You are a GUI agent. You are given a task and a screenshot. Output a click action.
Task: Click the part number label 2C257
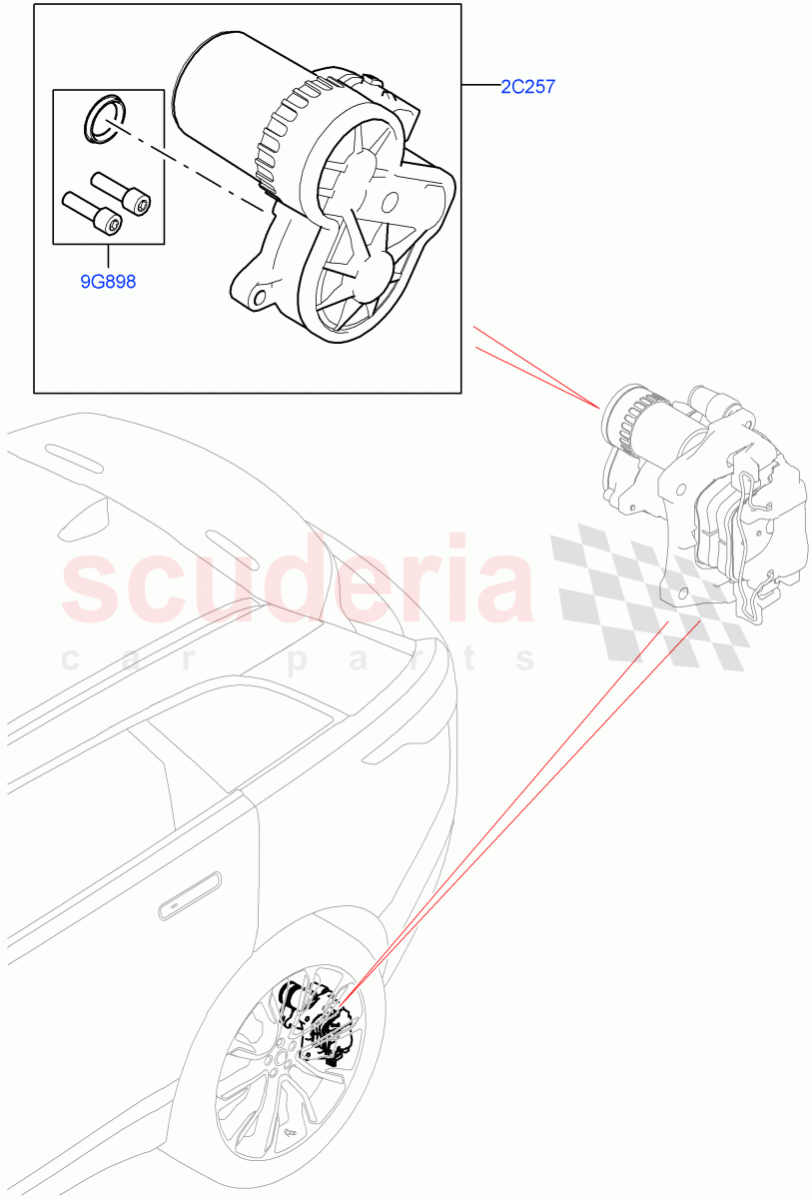pyautogui.click(x=527, y=88)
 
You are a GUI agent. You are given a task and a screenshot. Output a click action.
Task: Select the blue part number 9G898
pyautogui.click(x=108, y=282)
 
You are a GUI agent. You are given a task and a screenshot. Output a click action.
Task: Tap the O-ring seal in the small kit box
pyautogui.click(x=100, y=117)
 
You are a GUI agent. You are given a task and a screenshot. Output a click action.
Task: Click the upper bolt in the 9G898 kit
pyautogui.click(x=120, y=192)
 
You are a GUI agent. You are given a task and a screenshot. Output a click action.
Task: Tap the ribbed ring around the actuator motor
pyautogui.click(x=285, y=135)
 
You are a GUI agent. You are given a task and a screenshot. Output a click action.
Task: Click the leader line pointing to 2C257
pyautogui.click(x=480, y=88)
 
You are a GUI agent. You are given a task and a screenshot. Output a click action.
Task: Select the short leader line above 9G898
pyautogui.click(x=108, y=258)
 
